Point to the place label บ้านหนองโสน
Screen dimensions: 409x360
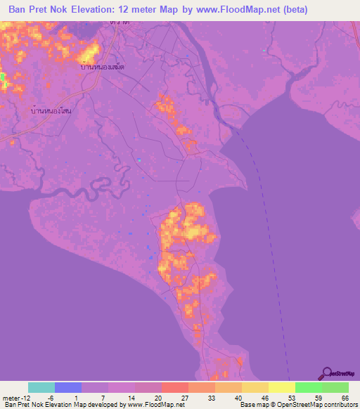pyautogui.click(x=53, y=111)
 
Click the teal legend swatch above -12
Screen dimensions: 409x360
pyautogui.click(x=41, y=387)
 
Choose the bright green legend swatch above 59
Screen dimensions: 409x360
pyautogui.click(x=309, y=387)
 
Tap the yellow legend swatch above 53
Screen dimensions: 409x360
pyautogui.click(x=282, y=387)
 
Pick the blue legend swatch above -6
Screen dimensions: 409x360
pyautogui.click(x=68, y=387)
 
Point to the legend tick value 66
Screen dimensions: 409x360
pyautogui.click(x=344, y=398)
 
